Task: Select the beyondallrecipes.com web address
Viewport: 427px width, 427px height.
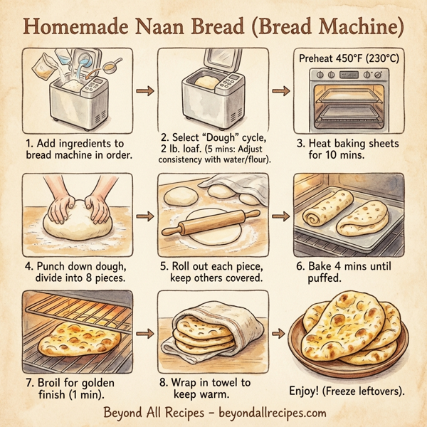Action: pos(273,413)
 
